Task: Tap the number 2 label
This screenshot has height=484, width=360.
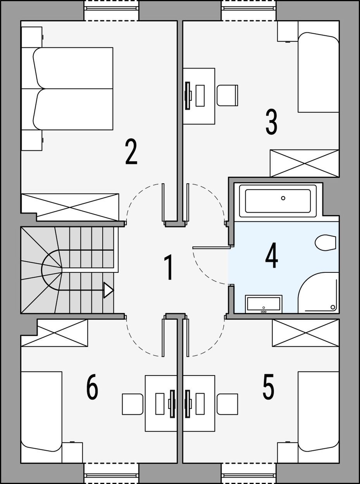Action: (131, 152)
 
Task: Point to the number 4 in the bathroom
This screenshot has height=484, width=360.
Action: (272, 255)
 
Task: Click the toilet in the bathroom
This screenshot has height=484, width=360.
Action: (325, 243)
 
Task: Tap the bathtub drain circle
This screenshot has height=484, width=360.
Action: (283, 198)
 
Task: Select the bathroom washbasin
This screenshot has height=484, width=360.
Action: (264, 304)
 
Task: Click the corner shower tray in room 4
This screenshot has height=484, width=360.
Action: (318, 293)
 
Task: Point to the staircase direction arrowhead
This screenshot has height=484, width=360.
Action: (109, 290)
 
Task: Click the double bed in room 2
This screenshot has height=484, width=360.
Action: (73, 89)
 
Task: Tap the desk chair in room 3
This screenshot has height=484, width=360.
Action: (227, 95)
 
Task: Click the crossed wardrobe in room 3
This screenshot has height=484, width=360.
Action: (304, 163)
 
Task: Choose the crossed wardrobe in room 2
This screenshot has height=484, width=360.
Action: (70, 207)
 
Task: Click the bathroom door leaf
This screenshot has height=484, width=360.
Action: (212, 247)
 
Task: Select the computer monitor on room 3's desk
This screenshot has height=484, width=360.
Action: (188, 95)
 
